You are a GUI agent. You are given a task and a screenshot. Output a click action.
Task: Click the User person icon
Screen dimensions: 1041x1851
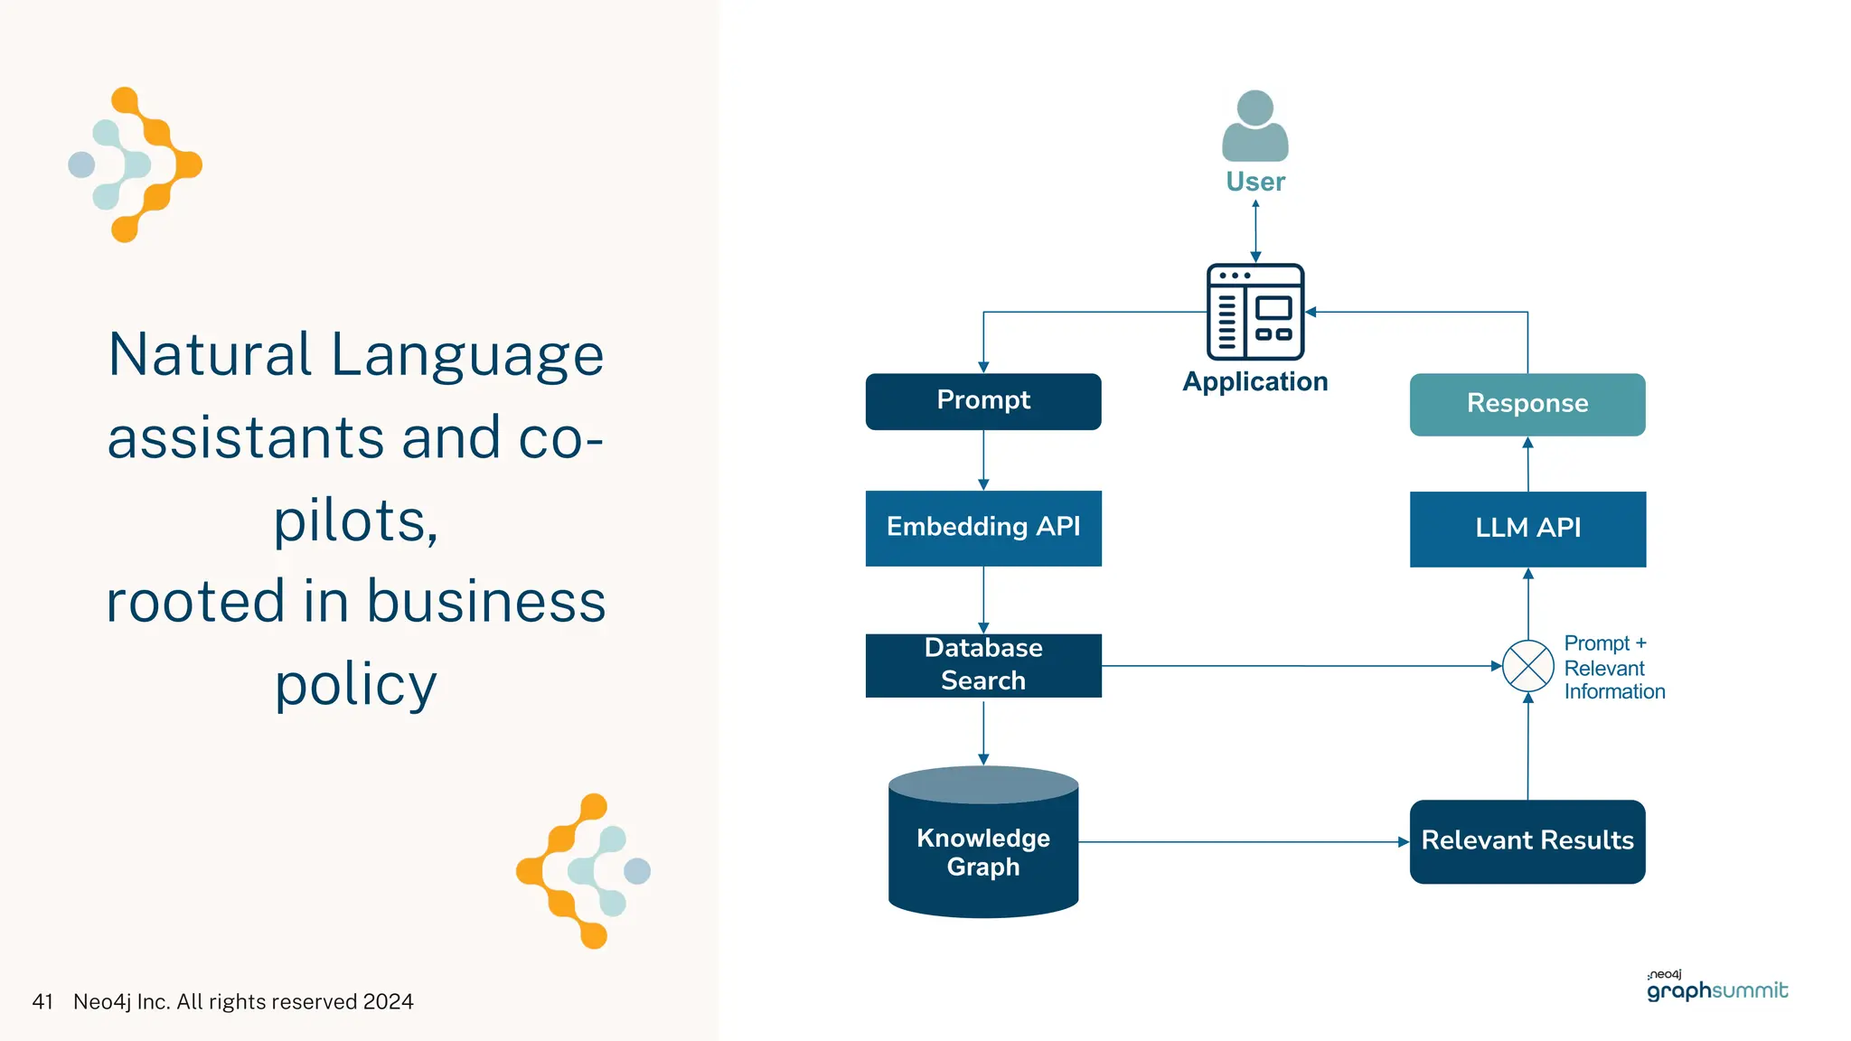point(1254,127)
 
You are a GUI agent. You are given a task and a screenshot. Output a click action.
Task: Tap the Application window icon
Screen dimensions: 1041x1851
point(1255,312)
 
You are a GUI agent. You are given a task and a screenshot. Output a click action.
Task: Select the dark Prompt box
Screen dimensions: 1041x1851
point(983,401)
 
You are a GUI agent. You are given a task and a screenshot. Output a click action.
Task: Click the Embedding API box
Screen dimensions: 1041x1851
point(983,528)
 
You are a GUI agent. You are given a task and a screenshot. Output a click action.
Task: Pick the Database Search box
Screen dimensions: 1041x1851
point(983,665)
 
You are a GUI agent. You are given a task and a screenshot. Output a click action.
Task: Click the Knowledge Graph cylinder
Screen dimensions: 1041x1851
point(983,849)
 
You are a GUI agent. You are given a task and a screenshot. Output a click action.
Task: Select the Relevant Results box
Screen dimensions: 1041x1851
point(1527,841)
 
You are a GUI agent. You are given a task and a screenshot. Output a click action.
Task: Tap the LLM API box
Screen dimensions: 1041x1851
point(1527,529)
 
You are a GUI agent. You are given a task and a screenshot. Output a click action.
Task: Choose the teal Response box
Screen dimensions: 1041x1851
point(1527,404)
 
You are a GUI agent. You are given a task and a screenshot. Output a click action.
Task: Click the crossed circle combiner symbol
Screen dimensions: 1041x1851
point(1527,666)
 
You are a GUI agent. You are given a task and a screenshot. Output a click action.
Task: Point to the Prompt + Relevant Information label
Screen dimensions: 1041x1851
point(1613,668)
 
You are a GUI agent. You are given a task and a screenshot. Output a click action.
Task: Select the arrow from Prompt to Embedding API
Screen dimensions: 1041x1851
point(983,460)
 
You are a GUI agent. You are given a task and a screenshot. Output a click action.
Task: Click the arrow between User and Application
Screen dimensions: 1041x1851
point(1255,231)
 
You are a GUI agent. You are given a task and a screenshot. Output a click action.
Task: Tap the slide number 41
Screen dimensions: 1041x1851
point(42,1002)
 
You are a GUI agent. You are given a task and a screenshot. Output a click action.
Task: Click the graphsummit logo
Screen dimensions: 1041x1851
point(1716,989)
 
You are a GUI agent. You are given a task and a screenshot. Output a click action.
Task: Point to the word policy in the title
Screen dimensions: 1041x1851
point(356,685)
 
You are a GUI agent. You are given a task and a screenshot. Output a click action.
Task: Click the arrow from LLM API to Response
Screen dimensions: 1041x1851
point(1527,464)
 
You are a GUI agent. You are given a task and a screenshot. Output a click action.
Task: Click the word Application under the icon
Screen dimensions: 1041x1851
point(1255,381)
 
